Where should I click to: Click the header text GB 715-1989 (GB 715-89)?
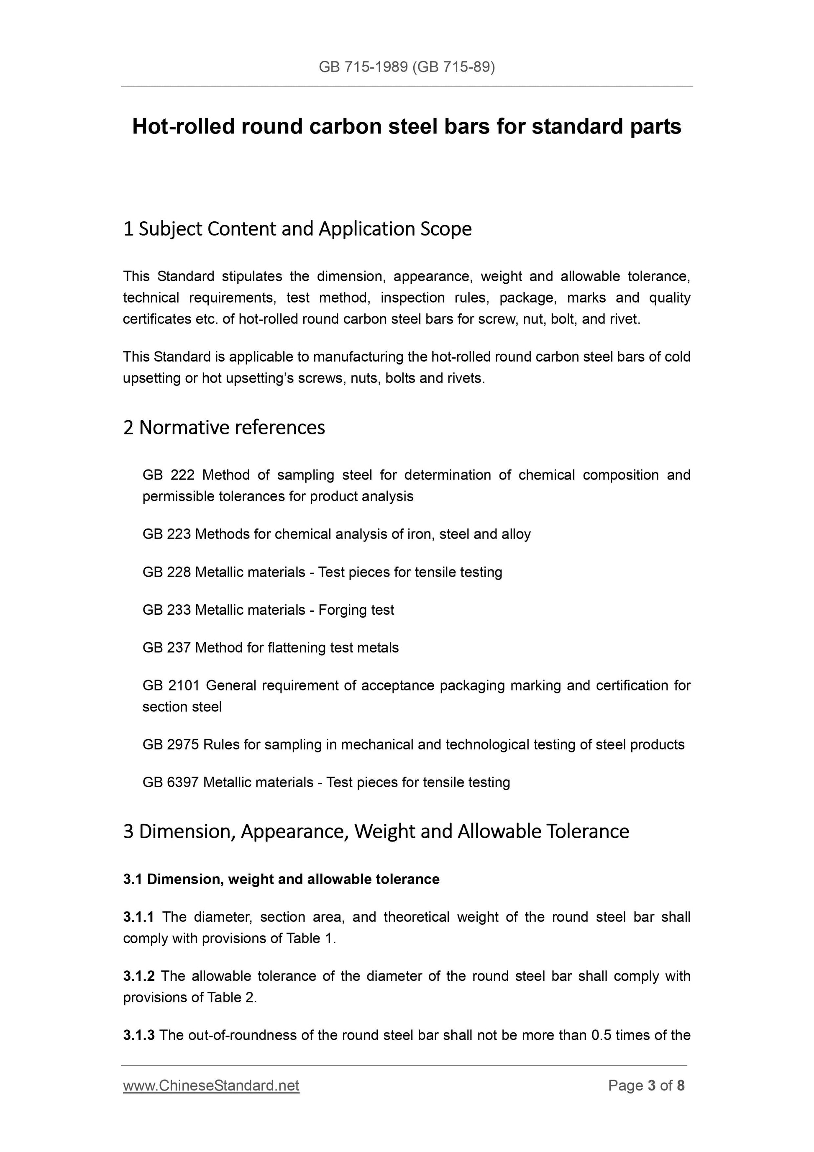407,67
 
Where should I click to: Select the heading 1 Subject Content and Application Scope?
297,229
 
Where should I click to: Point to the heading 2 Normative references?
224,428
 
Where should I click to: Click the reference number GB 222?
168,475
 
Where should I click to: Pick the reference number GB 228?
166,572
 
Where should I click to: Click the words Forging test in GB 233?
356,610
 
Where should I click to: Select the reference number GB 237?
166,648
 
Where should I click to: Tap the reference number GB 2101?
171,685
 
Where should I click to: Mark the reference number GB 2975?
171,744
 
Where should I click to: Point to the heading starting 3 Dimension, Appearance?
376,831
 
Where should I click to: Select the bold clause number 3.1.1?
138,917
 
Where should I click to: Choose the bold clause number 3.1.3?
138,1035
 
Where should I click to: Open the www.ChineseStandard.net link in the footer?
211,1086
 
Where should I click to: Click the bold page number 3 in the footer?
652,1086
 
